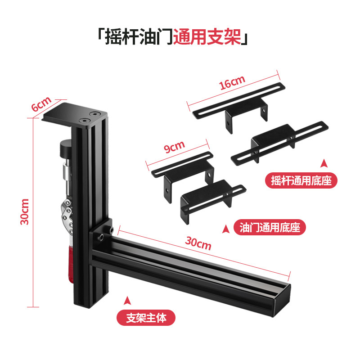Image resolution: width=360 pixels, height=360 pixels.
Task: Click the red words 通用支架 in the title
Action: click(207, 37)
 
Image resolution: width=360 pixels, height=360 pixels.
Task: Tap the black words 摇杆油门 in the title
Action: click(139, 37)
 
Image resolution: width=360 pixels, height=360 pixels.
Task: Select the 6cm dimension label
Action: click(41, 104)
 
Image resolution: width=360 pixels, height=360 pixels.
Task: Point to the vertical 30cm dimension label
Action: click(25, 211)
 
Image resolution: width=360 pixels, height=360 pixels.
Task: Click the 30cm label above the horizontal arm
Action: click(198, 243)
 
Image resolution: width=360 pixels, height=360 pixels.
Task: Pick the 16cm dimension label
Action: click(232, 83)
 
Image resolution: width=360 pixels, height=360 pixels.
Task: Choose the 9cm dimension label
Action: click(175, 147)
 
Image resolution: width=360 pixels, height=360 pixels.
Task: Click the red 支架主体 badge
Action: click(146, 318)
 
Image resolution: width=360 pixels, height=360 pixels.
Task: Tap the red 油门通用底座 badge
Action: click(270, 227)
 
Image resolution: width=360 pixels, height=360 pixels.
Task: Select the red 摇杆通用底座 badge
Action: click(301, 180)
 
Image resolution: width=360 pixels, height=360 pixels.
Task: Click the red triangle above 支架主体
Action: click(127, 301)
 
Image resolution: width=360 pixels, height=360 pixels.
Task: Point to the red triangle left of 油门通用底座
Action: click(226, 229)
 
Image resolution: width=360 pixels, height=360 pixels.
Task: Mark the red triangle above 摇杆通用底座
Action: click(324, 163)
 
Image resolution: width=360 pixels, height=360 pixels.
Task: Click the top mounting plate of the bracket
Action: click(75, 115)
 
